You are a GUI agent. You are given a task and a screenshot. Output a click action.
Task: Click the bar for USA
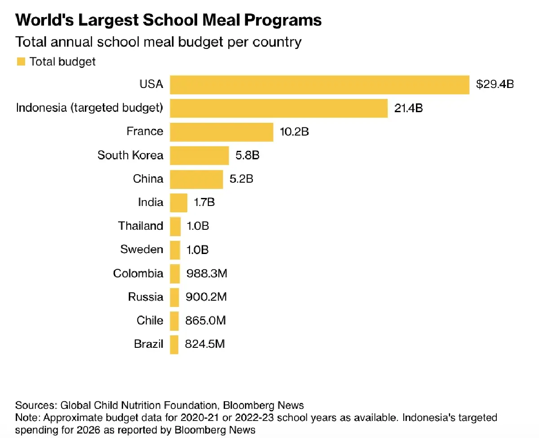click(x=319, y=85)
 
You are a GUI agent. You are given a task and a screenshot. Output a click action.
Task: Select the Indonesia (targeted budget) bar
click(x=278, y=108)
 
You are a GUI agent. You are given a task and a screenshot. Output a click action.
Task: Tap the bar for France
click(x=221, y=132)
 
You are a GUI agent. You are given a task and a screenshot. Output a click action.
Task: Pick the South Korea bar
click(x=199, y=155)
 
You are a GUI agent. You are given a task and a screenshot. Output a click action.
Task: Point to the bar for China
click(x=196, y=179)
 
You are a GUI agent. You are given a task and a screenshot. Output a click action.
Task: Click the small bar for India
click(x=179, y=202)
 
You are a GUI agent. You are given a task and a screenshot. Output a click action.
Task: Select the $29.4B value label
click(x=495, y=84)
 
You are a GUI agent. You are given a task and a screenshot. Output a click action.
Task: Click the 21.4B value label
click(x=408, y=108)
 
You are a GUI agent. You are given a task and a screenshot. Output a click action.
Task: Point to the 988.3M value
click(x=206, y=273)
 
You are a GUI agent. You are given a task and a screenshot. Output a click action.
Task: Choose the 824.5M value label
click(x=205, y=344)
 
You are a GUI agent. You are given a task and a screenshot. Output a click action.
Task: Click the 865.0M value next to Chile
click(x=205, y=320)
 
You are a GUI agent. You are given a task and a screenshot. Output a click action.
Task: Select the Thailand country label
click(x=141, y=226)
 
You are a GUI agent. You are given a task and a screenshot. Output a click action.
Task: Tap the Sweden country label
click(x=142, y=250)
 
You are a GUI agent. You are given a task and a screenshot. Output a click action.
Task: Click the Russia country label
click(x=146, y=297)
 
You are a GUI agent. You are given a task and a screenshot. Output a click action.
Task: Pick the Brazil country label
click(x=149, y=344)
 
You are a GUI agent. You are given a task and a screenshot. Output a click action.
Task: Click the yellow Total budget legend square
click(x=21, y=61)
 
